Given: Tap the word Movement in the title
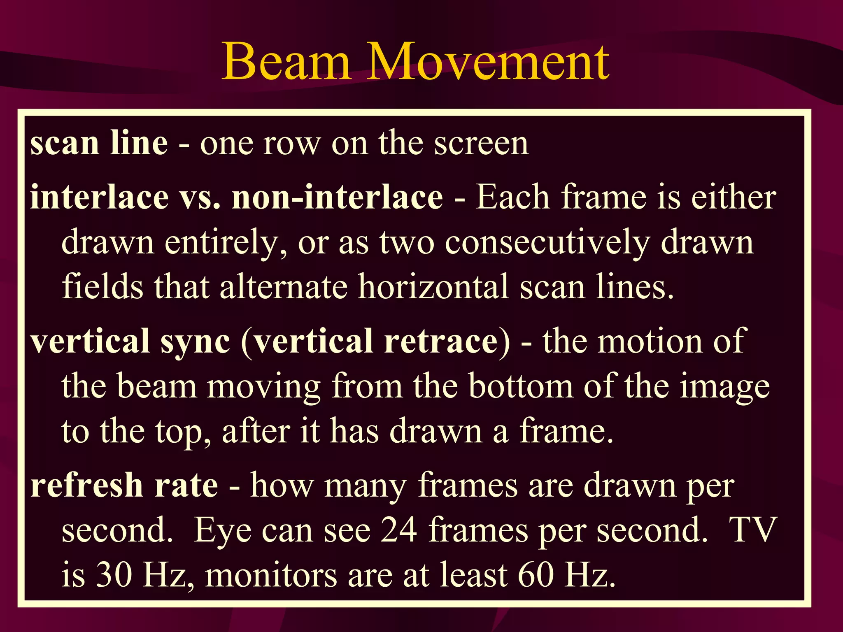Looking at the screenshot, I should pos(488,62).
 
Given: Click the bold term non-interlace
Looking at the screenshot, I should pos(338,197).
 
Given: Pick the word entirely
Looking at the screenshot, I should pos(221,243).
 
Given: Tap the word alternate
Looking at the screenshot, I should pos(284,287).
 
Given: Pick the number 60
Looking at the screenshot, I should pos(536,575).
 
